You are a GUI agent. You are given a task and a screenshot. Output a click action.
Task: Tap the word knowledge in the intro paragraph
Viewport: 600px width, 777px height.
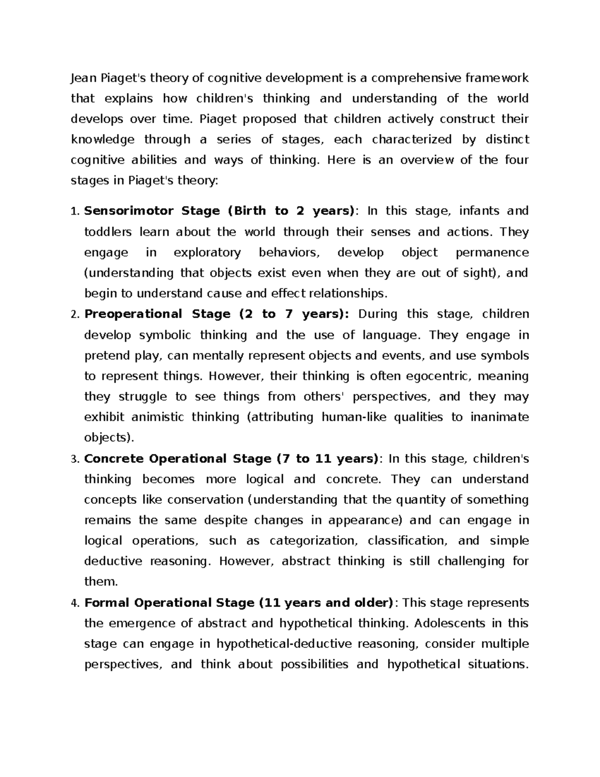102,139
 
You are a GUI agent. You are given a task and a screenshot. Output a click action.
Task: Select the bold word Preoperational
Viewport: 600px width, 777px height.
133,314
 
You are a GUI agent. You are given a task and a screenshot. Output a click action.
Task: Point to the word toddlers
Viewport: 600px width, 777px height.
108,232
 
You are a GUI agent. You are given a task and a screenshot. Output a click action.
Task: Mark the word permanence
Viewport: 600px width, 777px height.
492,253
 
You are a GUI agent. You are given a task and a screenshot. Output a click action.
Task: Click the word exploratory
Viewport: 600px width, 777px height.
207,253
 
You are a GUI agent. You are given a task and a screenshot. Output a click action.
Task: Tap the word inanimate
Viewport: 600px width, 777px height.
499,417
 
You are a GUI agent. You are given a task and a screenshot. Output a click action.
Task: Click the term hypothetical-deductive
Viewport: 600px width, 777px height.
283,644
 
